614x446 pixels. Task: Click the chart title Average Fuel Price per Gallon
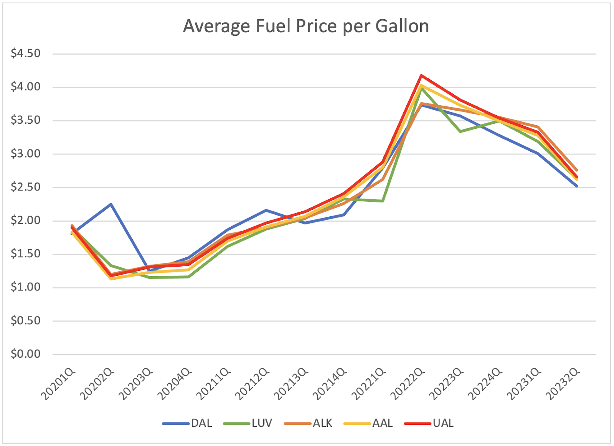tap(306, 27)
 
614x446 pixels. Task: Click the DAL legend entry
tap(201, 423)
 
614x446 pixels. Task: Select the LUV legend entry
tap(262, 423)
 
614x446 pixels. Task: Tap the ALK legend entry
tap(322, 423)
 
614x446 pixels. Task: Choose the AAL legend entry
tap(382, 423)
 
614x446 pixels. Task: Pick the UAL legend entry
tap(443, 423)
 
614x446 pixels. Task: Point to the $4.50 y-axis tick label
tap(26, 53)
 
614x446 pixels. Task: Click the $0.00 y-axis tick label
tap(26, 354)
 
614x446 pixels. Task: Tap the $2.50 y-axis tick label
tap(26, 187)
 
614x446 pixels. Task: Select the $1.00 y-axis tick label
tap(26, 287)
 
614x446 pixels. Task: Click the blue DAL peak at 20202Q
tap(111, 204)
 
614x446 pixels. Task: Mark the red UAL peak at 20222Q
tap(421, 75)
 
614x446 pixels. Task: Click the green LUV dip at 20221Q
tap(383, 201)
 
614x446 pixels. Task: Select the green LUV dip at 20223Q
tap(460, 131)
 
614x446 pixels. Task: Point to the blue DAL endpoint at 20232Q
tap(576, 186)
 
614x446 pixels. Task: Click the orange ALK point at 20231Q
tap(538, 127)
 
